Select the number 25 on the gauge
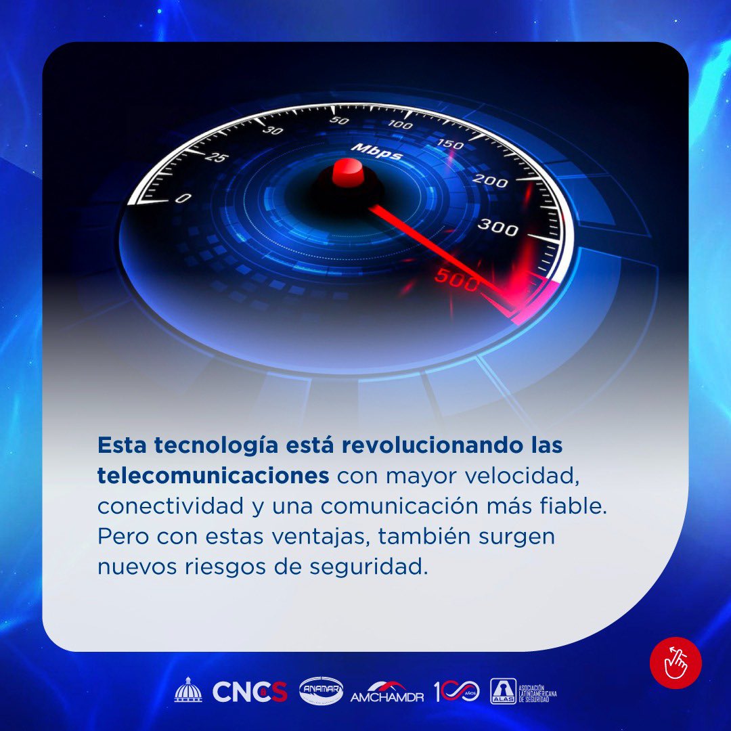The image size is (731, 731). click(x=217, y=158)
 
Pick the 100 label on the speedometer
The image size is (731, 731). click(x=401, y=125)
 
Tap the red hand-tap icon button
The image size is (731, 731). click(x=675, y=663)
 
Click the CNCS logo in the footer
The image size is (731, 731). click(x=250, y=691)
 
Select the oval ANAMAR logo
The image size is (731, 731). click(x=321, y=690)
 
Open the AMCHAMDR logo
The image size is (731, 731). click(x=387, y=691)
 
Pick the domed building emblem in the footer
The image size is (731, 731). click(x=188, y=690)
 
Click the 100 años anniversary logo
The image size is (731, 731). click(x=456, y=690)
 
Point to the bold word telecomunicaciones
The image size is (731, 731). click(x=213, y=476)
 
